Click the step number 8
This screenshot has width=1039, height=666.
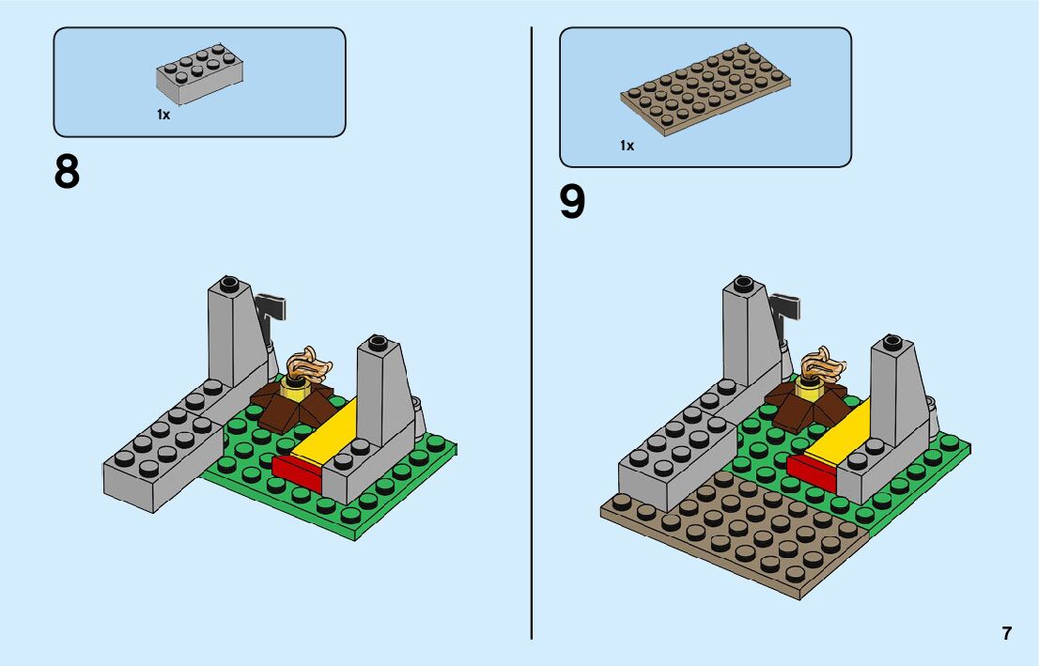coord(68,173)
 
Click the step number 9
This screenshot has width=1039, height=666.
coord(572,202)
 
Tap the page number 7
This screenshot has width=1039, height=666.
coord(1007,633)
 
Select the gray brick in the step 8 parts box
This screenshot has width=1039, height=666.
coord(199,75)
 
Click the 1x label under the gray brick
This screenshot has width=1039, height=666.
coord(163,115)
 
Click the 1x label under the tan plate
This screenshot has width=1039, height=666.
coord(627,146)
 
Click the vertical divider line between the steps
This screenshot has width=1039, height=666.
coord(533,329)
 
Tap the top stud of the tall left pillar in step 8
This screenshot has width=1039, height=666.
coord(227,282)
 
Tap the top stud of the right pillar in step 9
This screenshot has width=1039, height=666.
coord(893,341)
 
